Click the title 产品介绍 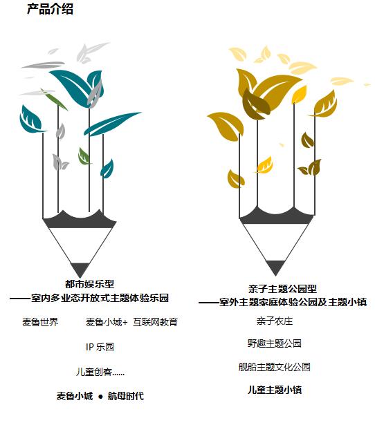50,9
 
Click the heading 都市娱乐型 89,284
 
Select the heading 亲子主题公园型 282,289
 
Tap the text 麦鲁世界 40,322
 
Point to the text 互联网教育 155,322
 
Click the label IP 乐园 100,347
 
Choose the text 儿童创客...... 94,372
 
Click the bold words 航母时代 126,396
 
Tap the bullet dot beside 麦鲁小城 100,397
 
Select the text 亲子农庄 275,321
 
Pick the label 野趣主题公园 274,343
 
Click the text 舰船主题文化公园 274,367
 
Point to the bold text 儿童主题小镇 275,390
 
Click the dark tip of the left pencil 80,270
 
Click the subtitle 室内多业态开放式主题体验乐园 100,298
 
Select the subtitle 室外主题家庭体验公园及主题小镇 293,302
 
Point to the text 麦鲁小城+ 107,322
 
